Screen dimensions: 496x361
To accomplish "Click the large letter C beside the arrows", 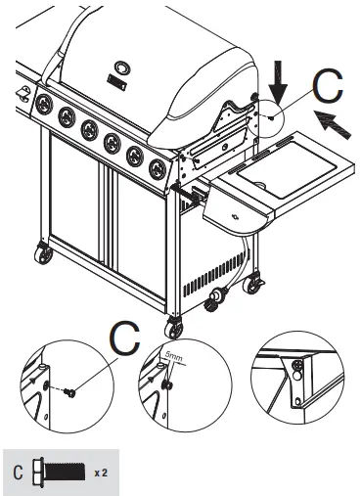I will (x=329, y=89).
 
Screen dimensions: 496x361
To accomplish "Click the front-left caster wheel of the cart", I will (x=45, y=256).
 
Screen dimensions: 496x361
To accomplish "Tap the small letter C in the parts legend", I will (x=18, y=472).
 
